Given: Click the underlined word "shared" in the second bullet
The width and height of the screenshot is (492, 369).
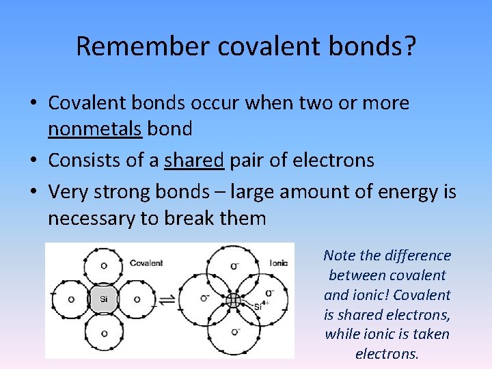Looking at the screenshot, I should (194, 161).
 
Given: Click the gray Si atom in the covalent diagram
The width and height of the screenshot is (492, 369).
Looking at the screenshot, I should (104, 299).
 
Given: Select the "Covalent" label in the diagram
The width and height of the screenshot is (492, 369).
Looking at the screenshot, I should (146, 263).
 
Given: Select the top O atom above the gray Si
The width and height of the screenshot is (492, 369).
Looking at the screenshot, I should (104, 266).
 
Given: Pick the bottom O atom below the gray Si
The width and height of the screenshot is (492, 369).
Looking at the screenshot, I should (104, 333).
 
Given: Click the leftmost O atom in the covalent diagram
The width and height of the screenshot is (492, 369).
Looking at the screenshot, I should (71, 299).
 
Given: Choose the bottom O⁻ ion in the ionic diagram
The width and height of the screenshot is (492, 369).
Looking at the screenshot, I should (235, 332).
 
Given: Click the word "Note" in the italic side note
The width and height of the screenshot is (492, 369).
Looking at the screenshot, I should (340, 256).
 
